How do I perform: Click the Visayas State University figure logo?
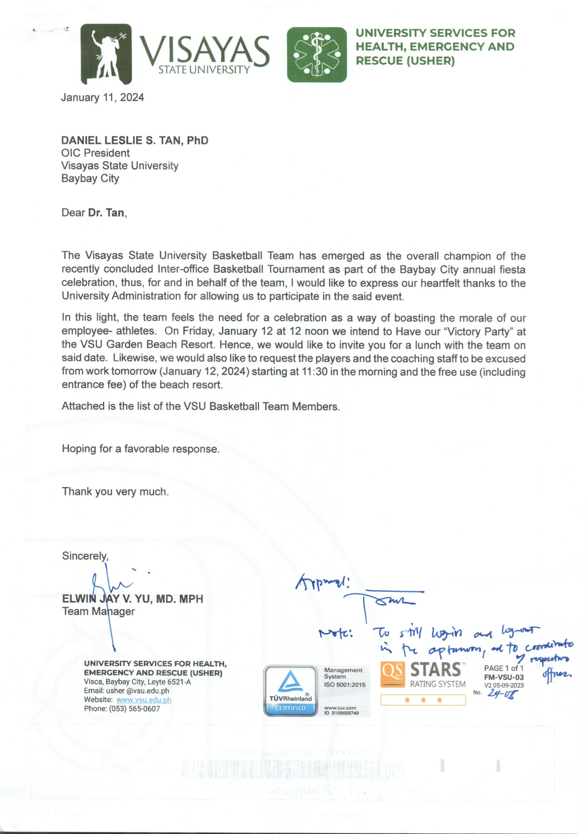[106, 54]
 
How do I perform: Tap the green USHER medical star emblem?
[317, 55]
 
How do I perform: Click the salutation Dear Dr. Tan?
[94, 213]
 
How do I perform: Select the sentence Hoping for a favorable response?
[141, 449]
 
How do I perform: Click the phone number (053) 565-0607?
[134, 708]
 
